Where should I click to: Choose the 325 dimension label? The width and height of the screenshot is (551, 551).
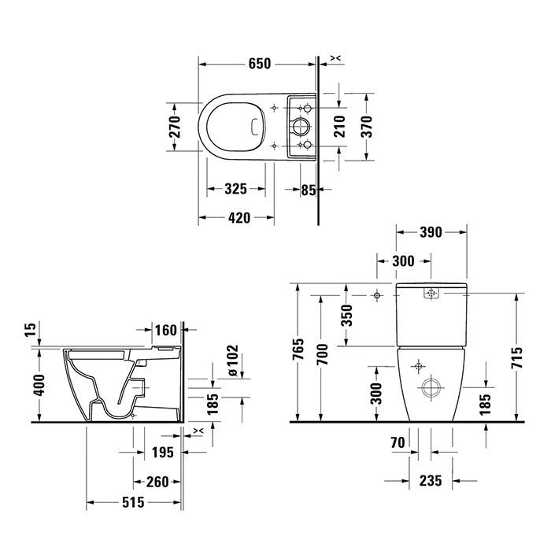tap(235, 189)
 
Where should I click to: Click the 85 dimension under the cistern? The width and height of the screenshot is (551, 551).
tap(308, 189)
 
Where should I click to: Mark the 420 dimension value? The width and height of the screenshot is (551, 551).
tap(235, 217)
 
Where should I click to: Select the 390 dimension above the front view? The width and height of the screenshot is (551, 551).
tap(430, 231)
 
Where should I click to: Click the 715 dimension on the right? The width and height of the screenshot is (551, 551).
tap(516, 359)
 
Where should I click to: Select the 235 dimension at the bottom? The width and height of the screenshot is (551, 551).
tap(431, 480)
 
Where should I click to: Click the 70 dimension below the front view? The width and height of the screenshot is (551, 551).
tap(396, 444)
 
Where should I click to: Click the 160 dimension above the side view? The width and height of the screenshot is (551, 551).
tap(165, 330)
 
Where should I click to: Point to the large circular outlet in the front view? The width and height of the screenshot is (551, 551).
tap(430, 387)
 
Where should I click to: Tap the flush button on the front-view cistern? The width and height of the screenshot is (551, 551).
tap(430, 294)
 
